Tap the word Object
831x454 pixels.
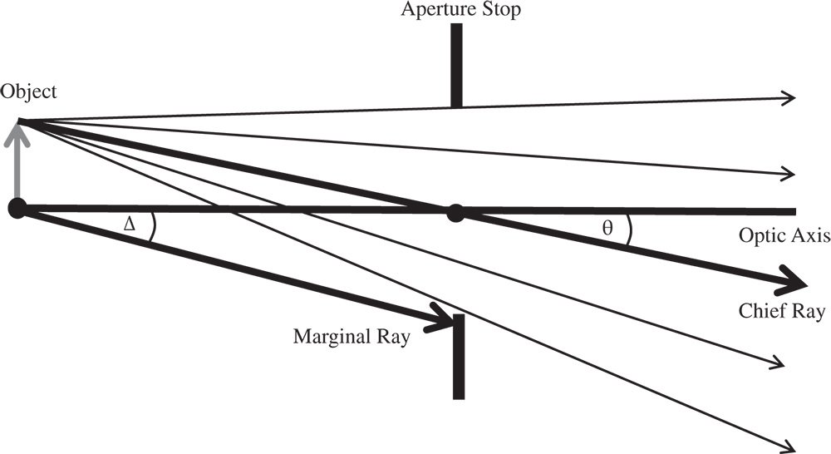pyautogui.click(x=29, y=91)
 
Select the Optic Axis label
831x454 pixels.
pyautogui.click(x=784, y=236)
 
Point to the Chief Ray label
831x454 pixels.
pyautogui.click(x=781, y=312)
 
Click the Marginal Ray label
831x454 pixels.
pyautogui.click(x=352, y=338)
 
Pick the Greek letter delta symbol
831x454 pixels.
pyautogui.click(x=128, y=224)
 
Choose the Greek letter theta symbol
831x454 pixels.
pyautogui.click(x=607, y=228)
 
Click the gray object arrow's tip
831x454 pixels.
pyautogui.click(x=18, y=126)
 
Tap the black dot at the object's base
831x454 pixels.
pyautogui.click(x=17, y=209)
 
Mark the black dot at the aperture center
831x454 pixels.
pyautogui.click(x=455, y=212)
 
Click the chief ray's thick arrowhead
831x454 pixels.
pyautogui.click(x=797, y=282)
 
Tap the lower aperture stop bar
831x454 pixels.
pyautogui.click(x=458, y=358)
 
